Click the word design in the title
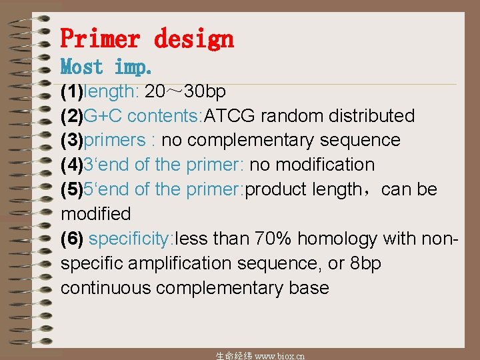(194, 39)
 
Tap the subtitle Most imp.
(107, 67)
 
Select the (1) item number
(73, 91)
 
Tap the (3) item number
(73, 140)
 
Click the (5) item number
(73, 189)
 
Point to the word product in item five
(275, 189)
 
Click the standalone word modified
(96, 214)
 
